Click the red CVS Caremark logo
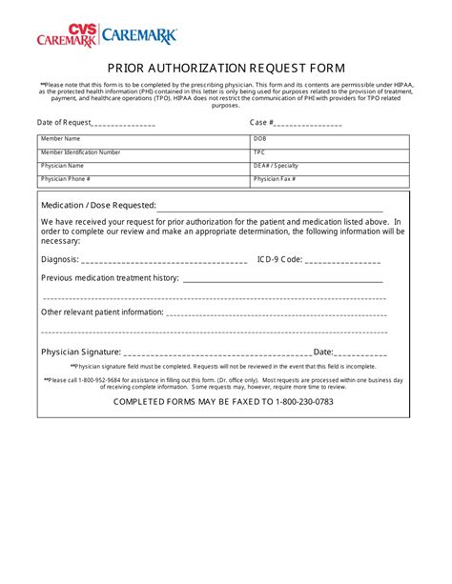[x=67, y=36]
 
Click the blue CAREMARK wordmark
[x=139, y=36]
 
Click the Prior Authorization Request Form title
[x=226, y=68]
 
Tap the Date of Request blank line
[x=124, y=124]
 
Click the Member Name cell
[x=143, y=139]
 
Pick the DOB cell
[x=330, y=139]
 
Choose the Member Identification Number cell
[x=143, y=152]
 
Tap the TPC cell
[x=330, y=152]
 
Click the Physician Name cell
[x=143, y=166]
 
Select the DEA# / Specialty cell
[x=330, y=166]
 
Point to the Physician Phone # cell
[x=143, y=179]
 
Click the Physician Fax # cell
[x=330, y=179]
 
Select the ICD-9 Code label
[x=279, y=258]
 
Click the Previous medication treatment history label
[x=110, y=278]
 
